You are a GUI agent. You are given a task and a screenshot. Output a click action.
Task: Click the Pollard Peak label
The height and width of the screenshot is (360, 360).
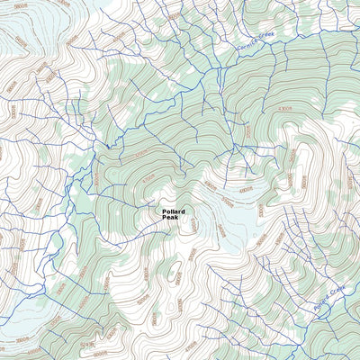(x=174, y=215)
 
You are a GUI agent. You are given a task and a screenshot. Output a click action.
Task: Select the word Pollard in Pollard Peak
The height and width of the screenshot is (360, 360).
(x=174, y=211)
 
